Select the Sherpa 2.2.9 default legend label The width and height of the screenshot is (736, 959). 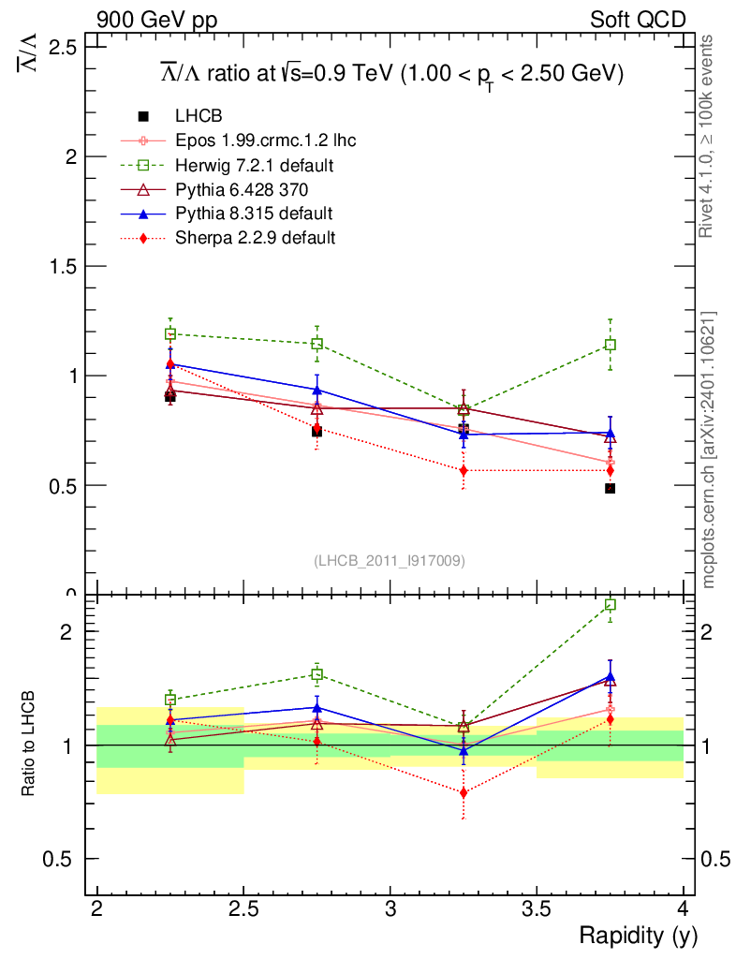click(255, 238)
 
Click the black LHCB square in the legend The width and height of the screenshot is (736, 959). click(143, 117)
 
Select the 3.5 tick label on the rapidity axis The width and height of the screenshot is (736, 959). click(536, 909)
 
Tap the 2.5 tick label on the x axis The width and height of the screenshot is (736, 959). click(243, 909)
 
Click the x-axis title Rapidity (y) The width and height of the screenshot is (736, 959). click(639, 936)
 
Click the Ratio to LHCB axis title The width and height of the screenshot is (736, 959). click(30, 745)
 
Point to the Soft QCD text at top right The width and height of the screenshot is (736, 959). click(638, 20)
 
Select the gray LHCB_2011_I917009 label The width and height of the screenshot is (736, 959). click(390, 560)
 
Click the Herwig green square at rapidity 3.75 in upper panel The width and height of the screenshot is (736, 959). click(610, 345)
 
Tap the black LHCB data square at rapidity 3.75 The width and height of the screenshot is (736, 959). click(610, 489)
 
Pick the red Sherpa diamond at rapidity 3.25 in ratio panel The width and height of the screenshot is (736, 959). click(464, 792)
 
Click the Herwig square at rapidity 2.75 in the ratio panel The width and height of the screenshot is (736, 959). click(316, 674)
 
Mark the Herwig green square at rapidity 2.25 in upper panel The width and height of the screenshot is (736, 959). click(170, 333)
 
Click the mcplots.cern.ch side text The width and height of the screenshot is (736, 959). click(709, 450)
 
